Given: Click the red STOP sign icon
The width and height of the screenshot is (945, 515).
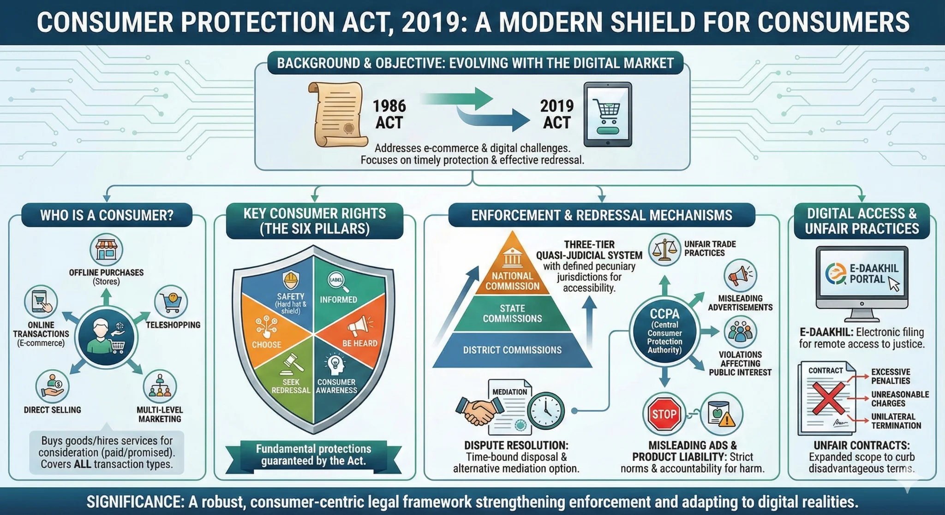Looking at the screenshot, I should click(x=664, y=414).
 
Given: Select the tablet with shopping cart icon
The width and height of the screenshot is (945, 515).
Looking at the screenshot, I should click(x=608, y=114).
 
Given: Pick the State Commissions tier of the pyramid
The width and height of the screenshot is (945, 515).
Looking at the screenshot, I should click(x=512, y=314).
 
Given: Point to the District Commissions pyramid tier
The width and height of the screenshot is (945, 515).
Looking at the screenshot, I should click(x=512, y=350).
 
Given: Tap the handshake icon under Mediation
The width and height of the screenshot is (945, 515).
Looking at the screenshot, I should click(x=479, y=411).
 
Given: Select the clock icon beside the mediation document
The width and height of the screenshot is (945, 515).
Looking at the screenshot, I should click(x=546, y=411).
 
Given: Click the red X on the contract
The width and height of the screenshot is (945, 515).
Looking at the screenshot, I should click(x=828, y=398).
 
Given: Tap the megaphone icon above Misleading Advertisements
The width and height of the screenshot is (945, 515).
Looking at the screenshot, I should click(x=740, y=276).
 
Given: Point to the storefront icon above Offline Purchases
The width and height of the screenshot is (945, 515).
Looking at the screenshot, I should click(x=106, y=250).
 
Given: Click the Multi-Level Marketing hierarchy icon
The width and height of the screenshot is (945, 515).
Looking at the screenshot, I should click(x=160, y=386).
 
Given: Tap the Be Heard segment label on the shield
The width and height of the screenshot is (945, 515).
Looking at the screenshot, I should click(x=359, y=343).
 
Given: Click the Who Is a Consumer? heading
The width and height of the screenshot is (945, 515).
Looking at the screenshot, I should click(x=107, y=215).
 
